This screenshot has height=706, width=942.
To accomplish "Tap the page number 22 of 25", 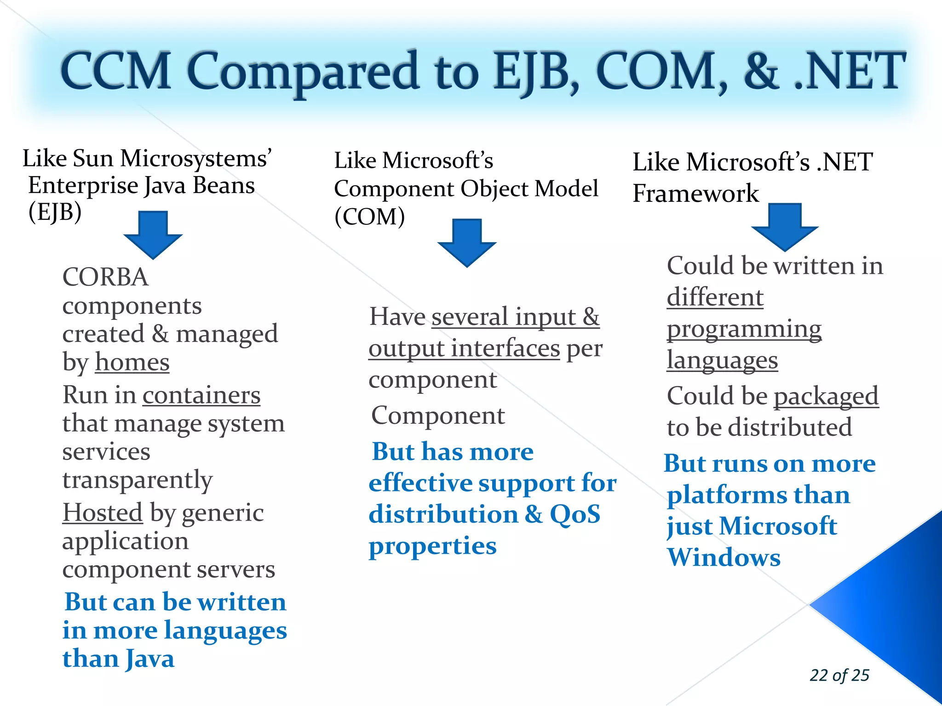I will coord(839,675).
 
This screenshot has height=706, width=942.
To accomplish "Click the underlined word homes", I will coord(132,362).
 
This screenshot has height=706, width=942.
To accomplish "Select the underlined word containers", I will coord(201,395).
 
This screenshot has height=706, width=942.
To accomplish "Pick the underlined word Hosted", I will coord(103,512).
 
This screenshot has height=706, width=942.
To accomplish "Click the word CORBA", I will coord(105,277).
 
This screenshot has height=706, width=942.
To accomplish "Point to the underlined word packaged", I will coord(826,396).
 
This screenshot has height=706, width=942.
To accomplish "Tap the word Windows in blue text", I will coord(724,558).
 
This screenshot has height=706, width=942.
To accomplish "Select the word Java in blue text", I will coord(149,659).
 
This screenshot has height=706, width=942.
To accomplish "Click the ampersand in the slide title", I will coord(761,71).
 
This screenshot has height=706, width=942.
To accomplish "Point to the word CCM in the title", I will coord(116,71).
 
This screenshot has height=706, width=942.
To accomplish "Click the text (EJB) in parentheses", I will coord(55,212).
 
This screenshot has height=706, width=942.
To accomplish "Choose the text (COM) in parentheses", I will coord(369,216).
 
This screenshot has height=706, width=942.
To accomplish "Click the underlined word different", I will coord(715,297).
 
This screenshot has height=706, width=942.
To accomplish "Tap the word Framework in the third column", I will coord(695,193).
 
